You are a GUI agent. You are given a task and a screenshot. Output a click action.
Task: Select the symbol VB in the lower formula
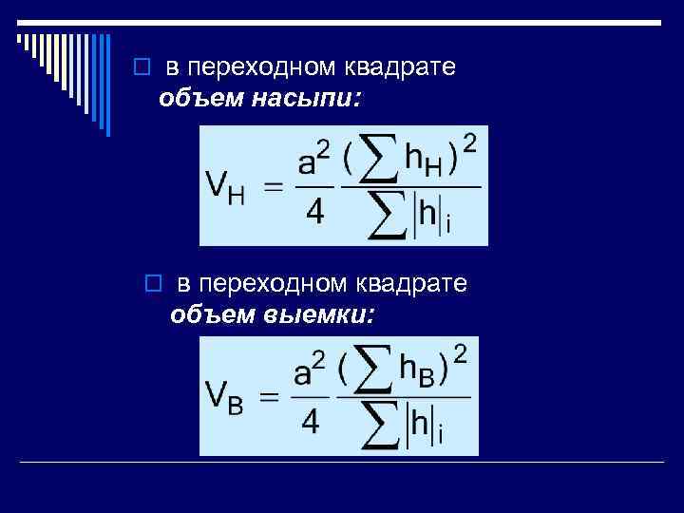click(x=224, y=396)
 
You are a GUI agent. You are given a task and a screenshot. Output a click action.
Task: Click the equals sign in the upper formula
click(x=274, y=187)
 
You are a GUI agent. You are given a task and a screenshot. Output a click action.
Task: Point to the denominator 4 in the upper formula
click(x=313, y=213)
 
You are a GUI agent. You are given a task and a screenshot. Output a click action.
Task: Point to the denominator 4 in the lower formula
click(x=310, y=420)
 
